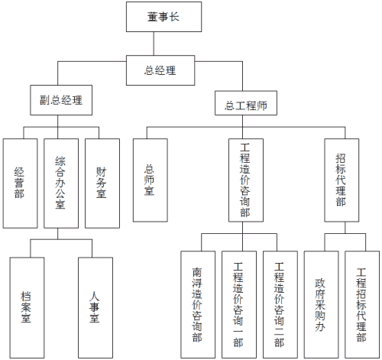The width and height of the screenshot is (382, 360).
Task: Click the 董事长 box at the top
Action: click(163, 17)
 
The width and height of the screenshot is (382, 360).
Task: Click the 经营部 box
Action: click(19, 183)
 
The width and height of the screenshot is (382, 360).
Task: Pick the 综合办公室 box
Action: click(60, 183)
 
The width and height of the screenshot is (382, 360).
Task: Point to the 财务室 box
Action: click(101, 183)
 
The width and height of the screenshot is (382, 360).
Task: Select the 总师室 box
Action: click(150, 180)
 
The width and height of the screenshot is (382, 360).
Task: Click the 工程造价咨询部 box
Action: click(245, 180)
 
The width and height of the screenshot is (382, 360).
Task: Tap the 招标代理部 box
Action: click(341, 180)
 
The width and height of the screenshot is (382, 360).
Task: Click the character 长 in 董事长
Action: click(177, 17)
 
